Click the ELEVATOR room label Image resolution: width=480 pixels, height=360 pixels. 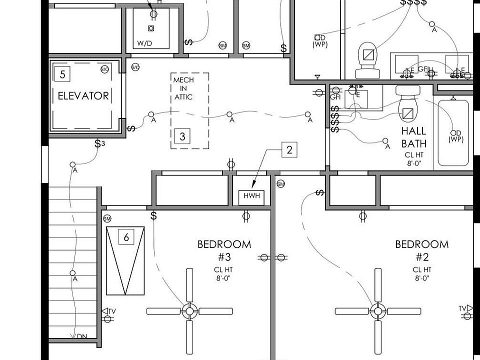[83, 95]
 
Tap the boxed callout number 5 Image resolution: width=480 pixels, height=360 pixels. [62, 75]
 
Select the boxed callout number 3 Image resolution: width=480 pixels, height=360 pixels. [182, 136]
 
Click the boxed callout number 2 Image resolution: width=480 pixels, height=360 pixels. [289, 149]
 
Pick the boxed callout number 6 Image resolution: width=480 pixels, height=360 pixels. [126, 237]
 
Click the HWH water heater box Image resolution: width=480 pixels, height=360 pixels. [252, 196]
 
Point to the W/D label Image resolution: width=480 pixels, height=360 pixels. [144, 43]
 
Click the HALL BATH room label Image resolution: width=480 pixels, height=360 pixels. [414, 137]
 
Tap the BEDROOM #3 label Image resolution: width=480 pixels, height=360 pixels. [224, 250]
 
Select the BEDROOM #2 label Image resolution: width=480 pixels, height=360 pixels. [421, 250]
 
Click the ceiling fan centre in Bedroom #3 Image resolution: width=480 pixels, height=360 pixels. [189, 311]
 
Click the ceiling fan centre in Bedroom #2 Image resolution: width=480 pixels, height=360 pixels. [377, 311]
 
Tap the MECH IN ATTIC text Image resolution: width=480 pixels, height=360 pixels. [183, 88]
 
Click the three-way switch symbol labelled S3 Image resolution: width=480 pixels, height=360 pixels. [100, 144]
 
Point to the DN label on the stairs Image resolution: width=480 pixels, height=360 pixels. [82, 336]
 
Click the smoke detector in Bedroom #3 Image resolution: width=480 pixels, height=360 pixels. [107, 219]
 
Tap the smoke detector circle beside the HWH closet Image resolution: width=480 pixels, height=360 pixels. [280, 184]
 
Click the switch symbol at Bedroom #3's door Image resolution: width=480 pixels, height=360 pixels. [154, 215]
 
